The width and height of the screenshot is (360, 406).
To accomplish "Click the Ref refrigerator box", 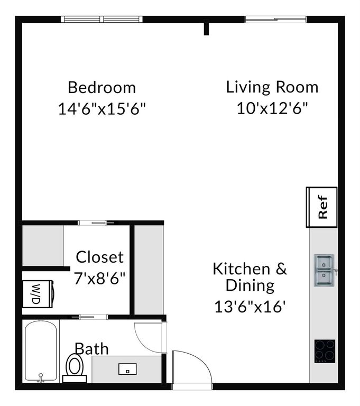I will coord(322,206).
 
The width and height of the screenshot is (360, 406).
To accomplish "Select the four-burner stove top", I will coord(325,351).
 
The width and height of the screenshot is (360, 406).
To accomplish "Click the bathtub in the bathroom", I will coord(41,352).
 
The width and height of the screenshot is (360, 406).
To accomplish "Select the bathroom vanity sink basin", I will coord(127,368).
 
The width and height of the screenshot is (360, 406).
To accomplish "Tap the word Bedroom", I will coord(101,87).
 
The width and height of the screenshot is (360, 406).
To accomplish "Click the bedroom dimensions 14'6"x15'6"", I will coord(101,109).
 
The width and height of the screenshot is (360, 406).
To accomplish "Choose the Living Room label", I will coord(272,87).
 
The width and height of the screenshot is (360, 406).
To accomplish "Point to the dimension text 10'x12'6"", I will coord(272,108).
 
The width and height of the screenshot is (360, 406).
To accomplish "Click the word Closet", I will coord(99,257).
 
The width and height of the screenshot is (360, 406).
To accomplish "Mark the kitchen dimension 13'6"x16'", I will coord(250,307).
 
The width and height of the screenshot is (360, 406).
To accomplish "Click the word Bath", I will coord(91,349).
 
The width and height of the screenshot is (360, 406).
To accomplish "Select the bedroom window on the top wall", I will coord(102,20).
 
